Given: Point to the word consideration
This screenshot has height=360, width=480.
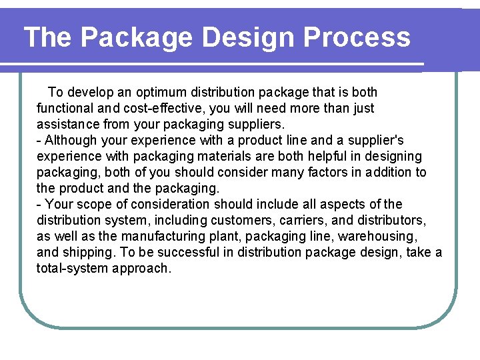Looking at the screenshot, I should [166, 204].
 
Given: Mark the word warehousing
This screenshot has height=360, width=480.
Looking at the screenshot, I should [377, 236].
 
